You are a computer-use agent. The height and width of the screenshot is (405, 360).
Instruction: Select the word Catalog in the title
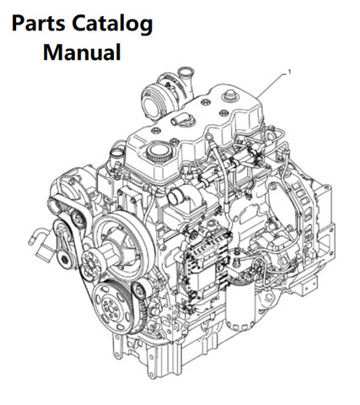pyautogui.click(x=112, y=24)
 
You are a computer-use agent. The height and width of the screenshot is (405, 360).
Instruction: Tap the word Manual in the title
pyautogui.click(x=82, y=52)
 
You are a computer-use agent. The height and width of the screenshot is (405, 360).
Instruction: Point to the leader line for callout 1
pyautogui.click(x=271, y=85)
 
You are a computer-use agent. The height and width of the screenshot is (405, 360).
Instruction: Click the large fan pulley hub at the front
pyautogui.click(x=121, y=243)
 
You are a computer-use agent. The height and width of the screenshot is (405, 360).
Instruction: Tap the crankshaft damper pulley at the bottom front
pyautogui.click(x=113, y=305)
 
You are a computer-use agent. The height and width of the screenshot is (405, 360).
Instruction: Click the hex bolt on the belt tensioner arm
pyautogui.click(x=67, y=260)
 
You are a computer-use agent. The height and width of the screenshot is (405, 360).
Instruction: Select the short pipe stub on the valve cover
pyautogui.click(x=179, y=120)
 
